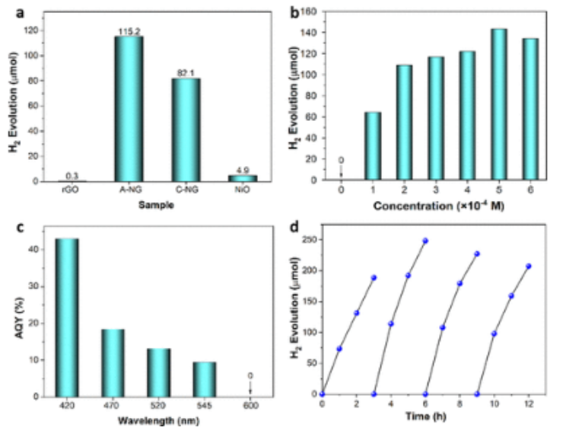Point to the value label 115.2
(x=129, y=31)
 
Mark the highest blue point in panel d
(x=425, y=241)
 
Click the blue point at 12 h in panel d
(x=528, y=266)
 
